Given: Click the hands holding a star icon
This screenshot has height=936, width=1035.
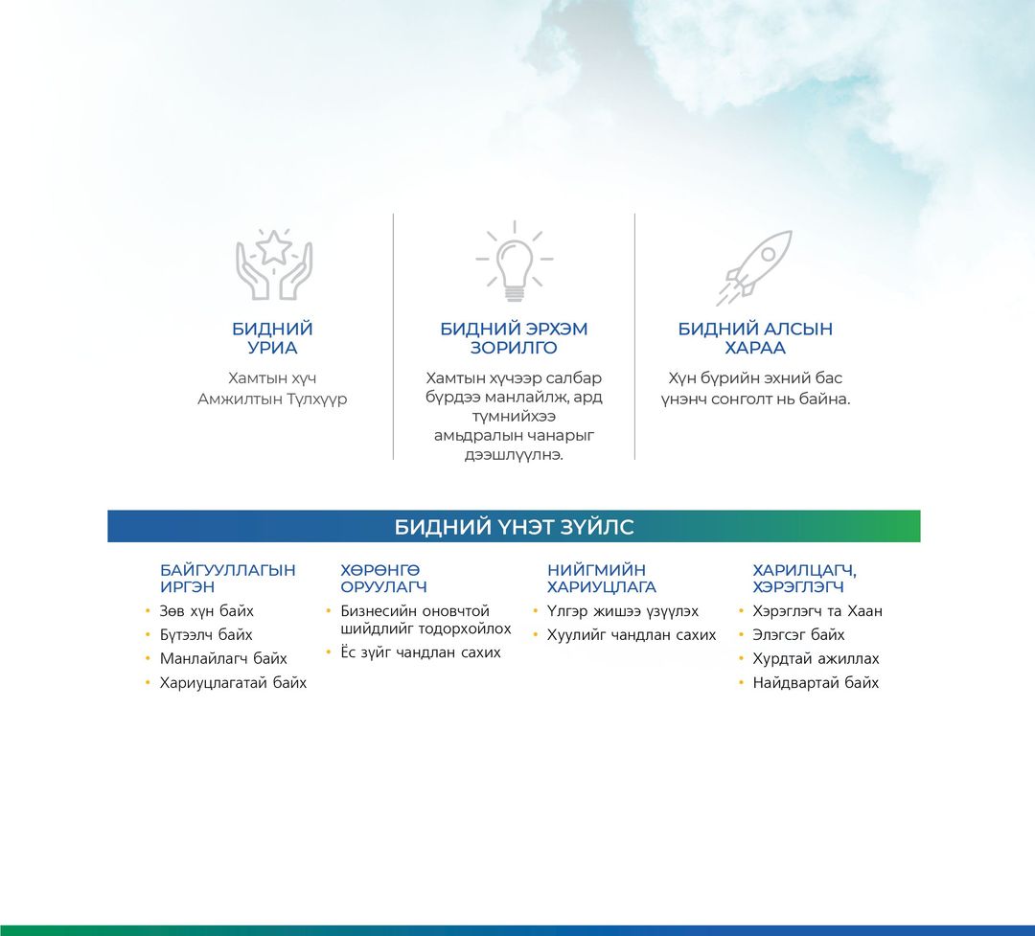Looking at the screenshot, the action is point(273,264).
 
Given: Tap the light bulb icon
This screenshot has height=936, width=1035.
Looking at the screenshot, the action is point(515,262).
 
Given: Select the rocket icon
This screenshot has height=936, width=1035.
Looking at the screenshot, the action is point(754,267).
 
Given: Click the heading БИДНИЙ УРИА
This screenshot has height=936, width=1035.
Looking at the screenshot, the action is point(272,338).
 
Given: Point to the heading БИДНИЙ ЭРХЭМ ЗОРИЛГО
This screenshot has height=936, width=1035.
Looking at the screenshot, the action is point(514,338).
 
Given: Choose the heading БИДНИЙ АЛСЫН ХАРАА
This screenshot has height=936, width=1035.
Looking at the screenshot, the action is point(755,338).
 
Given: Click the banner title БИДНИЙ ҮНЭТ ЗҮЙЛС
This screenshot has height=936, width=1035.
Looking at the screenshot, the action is point(515,527).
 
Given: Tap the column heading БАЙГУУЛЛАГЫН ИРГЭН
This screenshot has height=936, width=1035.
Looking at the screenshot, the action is point(227,579).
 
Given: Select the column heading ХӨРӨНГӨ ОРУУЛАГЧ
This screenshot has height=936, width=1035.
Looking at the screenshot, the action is point(383,579).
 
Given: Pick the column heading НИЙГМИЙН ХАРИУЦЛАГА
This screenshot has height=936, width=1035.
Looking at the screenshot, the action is point(601,579).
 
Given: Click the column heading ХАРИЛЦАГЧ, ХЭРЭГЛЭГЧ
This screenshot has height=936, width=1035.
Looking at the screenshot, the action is point(805,579).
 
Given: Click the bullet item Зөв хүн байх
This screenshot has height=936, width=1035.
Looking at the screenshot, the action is point(207,611).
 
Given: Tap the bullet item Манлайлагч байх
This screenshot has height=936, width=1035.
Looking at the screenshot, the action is point(223,659).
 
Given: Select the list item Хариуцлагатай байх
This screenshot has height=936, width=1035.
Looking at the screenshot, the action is point(233,682).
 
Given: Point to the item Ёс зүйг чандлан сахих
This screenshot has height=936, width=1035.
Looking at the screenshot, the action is point(421,652).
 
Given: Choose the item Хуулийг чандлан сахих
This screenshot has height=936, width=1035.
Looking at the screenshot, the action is point(632,635).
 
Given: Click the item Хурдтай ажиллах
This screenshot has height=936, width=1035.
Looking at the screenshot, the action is point(816,659).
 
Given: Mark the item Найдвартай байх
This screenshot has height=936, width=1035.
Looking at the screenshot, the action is point(816,682).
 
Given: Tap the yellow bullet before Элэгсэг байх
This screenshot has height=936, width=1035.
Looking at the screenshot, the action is point(741,635).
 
